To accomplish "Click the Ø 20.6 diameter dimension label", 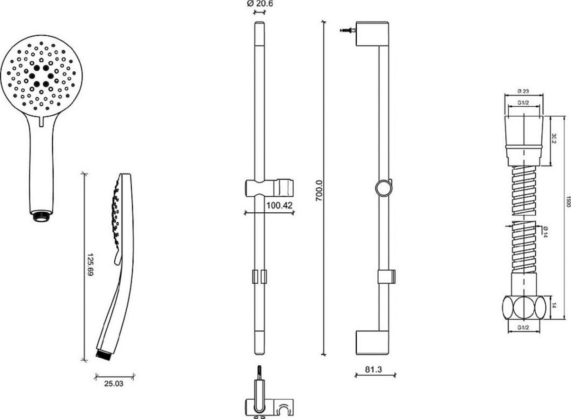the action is point(260,4).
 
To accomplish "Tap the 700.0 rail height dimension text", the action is point(319,191).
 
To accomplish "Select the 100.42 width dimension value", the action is point(279,206).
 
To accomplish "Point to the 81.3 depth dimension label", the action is point(373,369).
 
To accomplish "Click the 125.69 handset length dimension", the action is point(90,264).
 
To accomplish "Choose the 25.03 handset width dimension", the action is point(114,384).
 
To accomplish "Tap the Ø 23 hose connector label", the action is point(523,91).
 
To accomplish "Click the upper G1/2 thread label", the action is point(523,103).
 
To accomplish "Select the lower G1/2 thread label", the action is point(523,328).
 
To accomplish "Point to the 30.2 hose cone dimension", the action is point(554,138).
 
